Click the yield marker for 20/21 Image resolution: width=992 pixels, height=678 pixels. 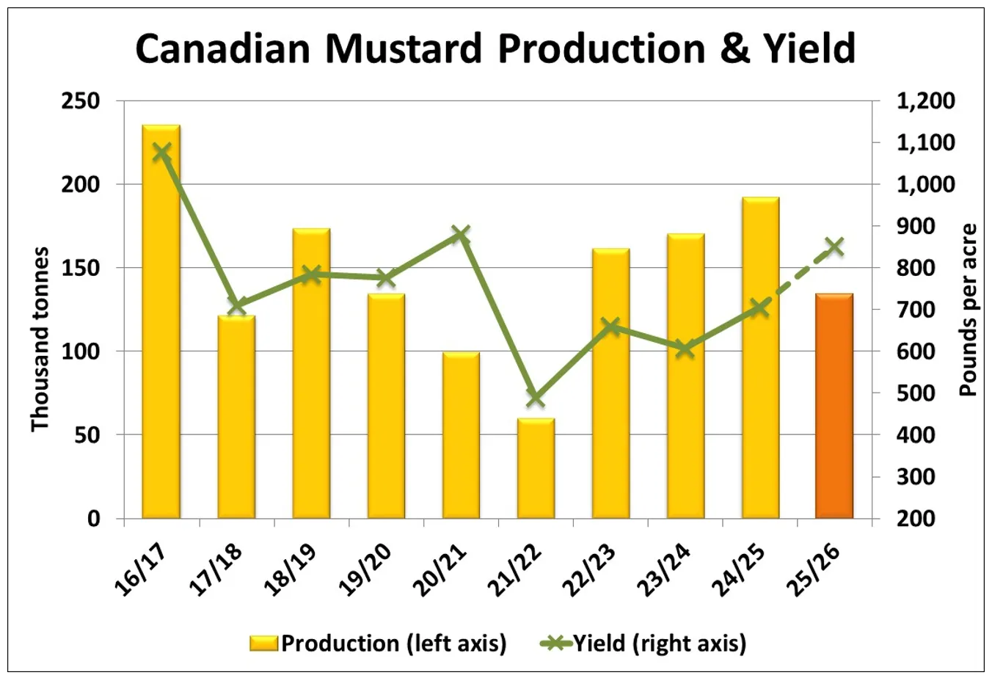click(461, 235)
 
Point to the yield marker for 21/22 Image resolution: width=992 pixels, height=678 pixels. click(536, 398)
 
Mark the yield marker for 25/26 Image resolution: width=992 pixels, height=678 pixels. click(834, 247)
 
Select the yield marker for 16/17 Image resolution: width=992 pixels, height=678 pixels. click(161, 153)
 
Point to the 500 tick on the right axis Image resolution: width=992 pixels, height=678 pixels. click(916, 393)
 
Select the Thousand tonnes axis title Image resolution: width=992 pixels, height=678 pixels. click(40, 339)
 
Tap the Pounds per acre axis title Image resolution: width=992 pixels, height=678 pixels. click(969, 310)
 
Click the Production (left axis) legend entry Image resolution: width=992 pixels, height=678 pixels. click(379, 644)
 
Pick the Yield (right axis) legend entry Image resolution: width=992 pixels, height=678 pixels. click(644, 644)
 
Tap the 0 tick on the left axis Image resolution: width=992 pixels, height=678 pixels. click(94, 519)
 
